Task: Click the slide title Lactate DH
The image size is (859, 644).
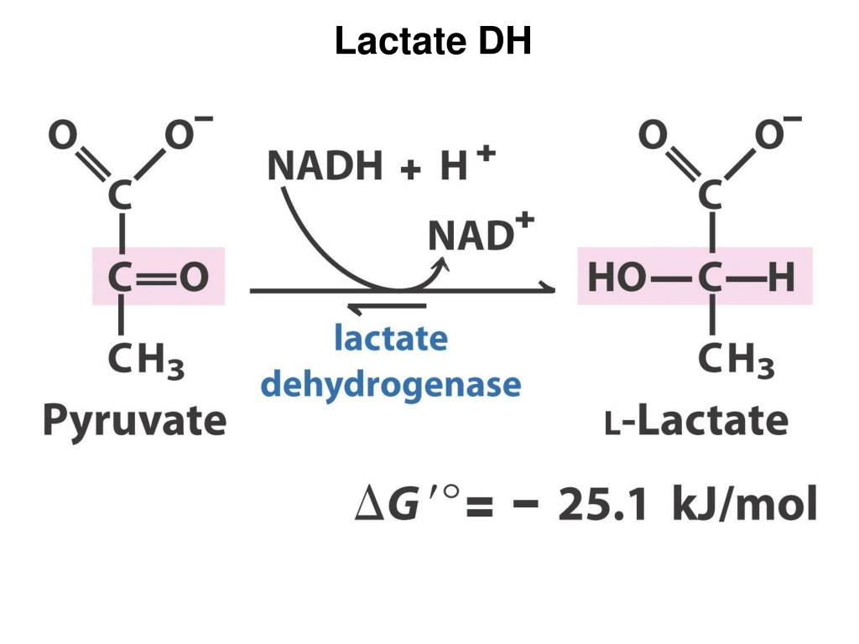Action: click(x=433, y=41)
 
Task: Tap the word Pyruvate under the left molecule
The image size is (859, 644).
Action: click(x=135, y=421)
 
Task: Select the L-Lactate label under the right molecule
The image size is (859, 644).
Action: click(x=697, y=421)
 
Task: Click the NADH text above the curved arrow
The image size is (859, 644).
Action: click(x=325, y=165)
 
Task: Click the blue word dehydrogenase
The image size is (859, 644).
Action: click(x=391, y=384)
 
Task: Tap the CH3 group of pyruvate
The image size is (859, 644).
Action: click(x=146, y=361)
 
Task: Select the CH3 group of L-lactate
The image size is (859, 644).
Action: click(x=737, y=361)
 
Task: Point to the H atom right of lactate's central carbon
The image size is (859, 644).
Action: click(x=781, y=277)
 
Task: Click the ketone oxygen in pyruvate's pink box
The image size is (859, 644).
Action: click(x=194, y=277)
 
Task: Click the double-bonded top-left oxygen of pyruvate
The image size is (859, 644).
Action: click(x=62, y=135)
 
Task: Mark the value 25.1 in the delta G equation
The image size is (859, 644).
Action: click(x=602, y=504)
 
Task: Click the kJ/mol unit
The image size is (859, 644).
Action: click(x=744, y=504)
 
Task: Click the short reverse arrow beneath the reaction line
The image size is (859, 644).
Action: click(x=387, y=309)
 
